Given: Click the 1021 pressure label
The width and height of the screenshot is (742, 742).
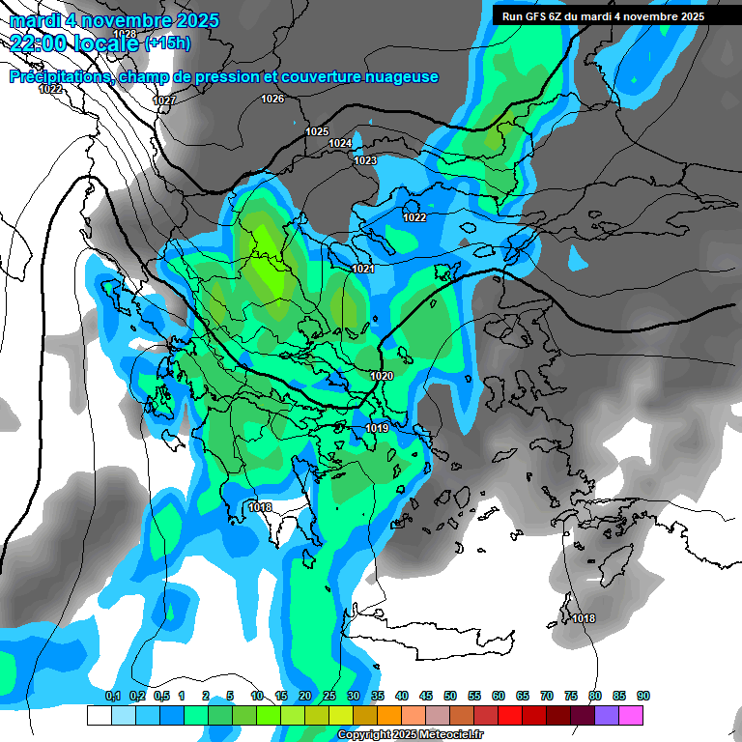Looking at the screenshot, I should point(363,269).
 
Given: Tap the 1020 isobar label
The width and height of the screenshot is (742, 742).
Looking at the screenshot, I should point(382,376).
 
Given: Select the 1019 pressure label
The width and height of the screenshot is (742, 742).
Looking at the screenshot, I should point(377,428).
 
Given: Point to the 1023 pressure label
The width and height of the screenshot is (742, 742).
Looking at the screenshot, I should point(365,160).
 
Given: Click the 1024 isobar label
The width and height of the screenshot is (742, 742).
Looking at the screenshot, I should point(340,143).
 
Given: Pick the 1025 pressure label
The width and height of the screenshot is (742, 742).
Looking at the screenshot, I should point(317,131).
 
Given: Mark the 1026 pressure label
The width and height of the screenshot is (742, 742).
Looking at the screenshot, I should point(272,99).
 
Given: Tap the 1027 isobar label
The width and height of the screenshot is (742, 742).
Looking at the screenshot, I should point(164,100).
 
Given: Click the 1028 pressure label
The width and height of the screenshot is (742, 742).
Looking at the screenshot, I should point(124,34).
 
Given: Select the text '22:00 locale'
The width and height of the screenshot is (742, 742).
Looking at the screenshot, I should point(73,43).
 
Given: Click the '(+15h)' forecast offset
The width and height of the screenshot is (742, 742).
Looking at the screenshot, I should point(167,43).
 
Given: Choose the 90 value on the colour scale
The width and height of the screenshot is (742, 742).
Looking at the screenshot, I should point(643,696).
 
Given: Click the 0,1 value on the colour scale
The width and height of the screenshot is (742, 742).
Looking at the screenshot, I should point(113,696).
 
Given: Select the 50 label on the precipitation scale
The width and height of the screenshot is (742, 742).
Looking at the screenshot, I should point(450,696).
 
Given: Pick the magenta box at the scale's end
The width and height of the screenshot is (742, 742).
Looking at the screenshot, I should point(631,715).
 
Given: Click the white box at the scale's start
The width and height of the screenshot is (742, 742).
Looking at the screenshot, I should point(99,715).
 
